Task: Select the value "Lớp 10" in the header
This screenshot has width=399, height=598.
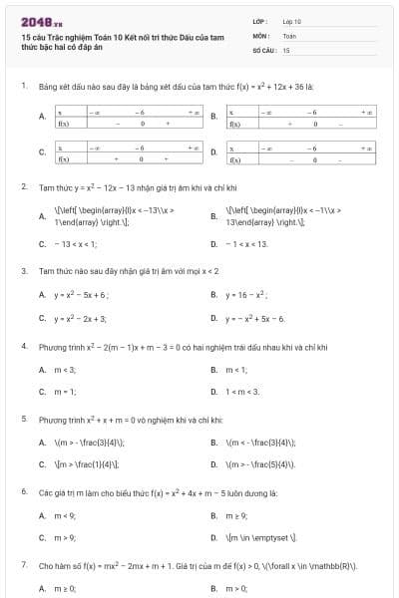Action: point(291,21)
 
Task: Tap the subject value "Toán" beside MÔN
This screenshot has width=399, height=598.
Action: point(289,35)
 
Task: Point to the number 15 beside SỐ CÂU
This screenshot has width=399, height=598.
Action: point(286,49)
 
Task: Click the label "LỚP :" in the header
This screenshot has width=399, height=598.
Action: point(260,21)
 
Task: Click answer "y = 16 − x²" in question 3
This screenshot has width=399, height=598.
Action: point(245,295)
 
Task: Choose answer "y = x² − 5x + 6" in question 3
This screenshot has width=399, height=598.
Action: point(81,295)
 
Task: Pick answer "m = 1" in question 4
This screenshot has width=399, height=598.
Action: point(65,392)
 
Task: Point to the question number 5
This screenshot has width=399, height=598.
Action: point(23,420)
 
